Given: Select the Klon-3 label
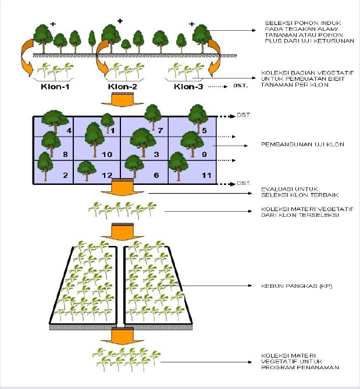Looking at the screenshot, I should [x=188, y=87].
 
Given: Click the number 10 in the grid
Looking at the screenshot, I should [x=107, y=155].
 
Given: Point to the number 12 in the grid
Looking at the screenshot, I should [x=106, y=175].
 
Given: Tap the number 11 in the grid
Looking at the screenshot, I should [x=204, y=175].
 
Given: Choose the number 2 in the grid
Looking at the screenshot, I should [x=65, y=175].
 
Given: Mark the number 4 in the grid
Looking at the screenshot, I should [x=69, y=131].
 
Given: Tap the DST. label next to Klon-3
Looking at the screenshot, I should [x=240, y=87].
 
